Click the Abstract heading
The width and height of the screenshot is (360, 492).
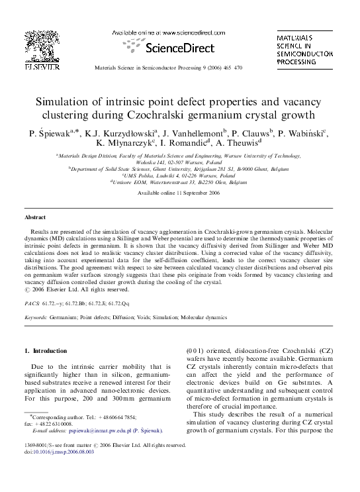35,217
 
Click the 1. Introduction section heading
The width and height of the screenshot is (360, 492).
46,350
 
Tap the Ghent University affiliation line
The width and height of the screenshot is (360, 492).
179,168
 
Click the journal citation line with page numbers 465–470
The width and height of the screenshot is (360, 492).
169,68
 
